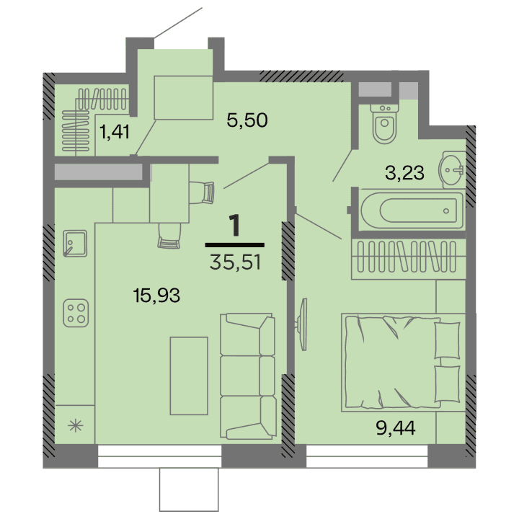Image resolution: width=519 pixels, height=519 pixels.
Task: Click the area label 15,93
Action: click(x=156, y=294)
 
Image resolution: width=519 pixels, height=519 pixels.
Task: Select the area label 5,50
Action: click(x=247, y=120)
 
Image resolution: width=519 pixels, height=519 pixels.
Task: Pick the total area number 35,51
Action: click(x=235, y=261)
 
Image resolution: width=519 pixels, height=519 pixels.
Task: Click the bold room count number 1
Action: click(x=234, y=226)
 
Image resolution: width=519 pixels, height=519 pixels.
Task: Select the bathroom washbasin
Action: click(x=453, y=171)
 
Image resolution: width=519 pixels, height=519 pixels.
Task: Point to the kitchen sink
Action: click(x=75, y=243)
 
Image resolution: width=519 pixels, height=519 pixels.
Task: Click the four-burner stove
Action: click(x=76, y=311)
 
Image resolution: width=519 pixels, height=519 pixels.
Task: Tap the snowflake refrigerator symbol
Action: click(x=74, y=425)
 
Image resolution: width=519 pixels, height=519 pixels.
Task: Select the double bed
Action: click(x=402, y=363)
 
